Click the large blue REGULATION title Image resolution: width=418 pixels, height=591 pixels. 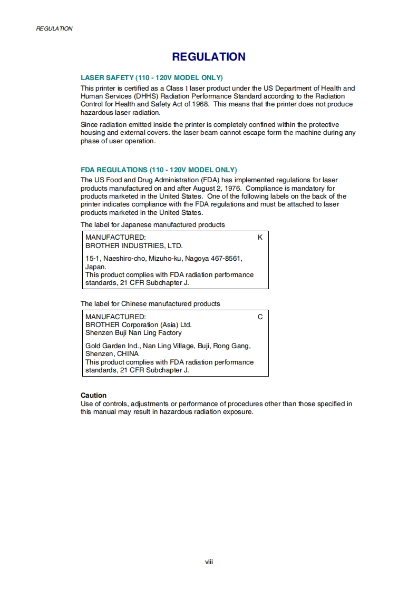point(209,57)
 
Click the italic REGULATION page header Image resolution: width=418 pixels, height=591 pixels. point(54,28)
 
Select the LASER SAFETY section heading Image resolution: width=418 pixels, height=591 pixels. point(151,77)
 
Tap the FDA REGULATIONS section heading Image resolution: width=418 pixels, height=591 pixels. point(159,170)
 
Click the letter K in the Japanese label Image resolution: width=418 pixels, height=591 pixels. point(260,238)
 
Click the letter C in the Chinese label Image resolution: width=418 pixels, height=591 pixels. point(260,317)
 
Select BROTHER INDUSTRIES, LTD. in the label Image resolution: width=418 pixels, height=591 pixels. point(134,245)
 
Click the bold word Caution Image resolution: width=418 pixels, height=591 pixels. point(93,395)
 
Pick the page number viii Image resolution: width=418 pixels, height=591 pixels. point(209,562)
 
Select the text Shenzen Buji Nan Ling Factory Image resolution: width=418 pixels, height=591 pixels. point(133,333)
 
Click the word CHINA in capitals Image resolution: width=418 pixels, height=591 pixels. point(128,354)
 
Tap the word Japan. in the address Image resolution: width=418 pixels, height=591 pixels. point(96,267)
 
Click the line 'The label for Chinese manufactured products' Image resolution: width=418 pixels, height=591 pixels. point(150,304)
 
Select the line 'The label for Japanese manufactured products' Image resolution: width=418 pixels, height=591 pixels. point(152,225)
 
